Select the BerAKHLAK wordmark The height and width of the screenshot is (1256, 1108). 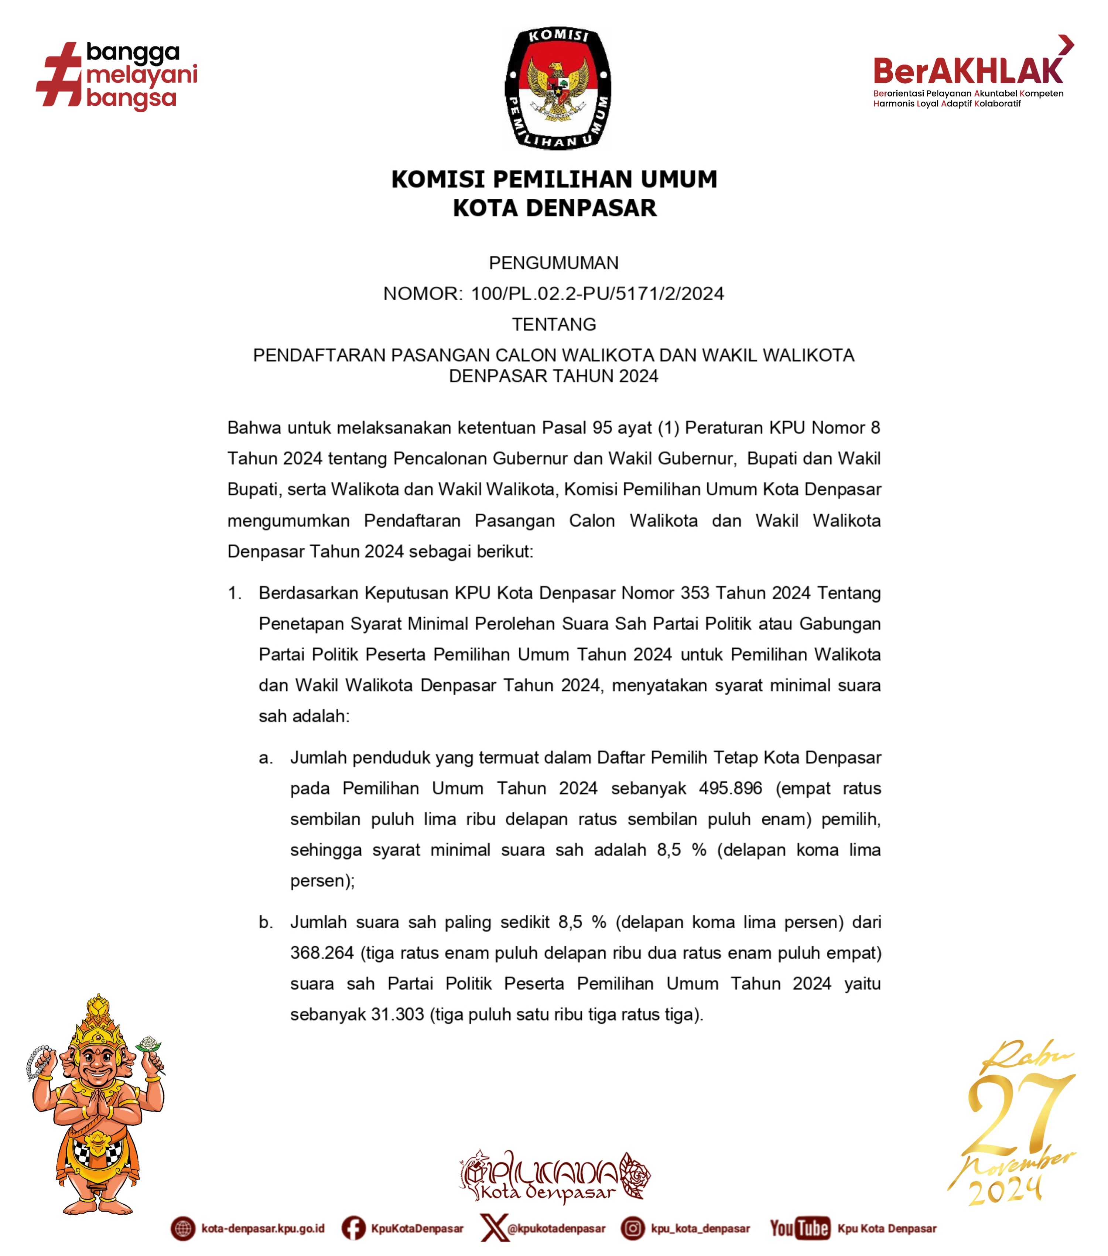(967, 70)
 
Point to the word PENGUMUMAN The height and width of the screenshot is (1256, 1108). (553, 263)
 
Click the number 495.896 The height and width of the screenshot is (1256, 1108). (730, 788)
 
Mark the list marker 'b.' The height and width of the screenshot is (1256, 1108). (265, 922)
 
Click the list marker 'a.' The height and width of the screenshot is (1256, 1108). (265, 758)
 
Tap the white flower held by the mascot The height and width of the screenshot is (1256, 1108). (148, 1044)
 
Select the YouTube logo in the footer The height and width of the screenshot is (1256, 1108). (800, 1228)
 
